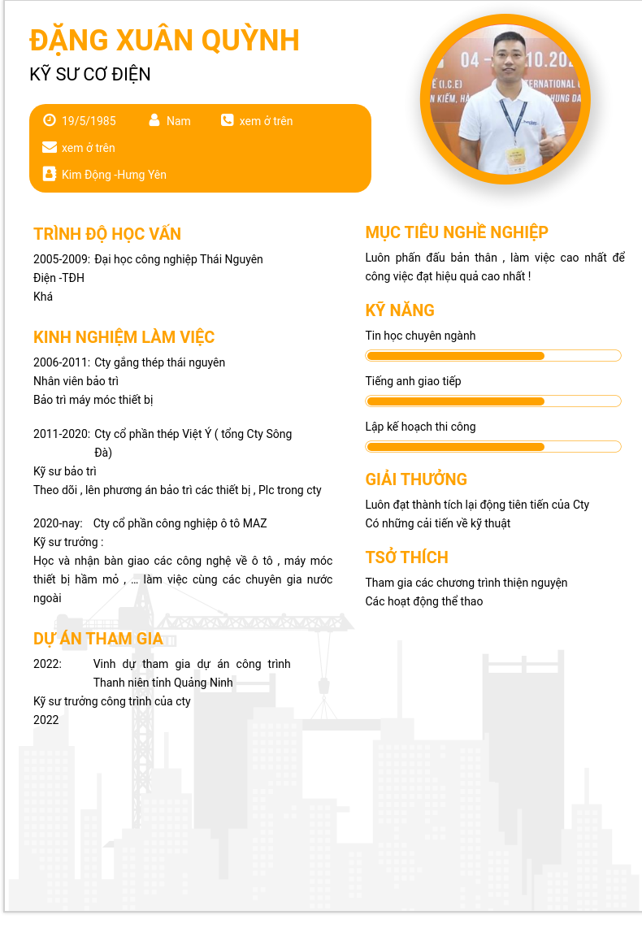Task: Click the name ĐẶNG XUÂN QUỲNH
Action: (x=164, y=40)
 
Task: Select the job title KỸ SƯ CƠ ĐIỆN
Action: (x=90, y=75)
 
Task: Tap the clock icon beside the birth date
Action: (x=50, y=120)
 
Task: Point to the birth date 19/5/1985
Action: (x=89, y=121)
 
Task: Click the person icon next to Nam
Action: (x=154, y=120)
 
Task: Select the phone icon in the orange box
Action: (x=227, y=120)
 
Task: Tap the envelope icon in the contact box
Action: (x=50, y=147)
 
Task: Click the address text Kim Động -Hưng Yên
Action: (x=114, y=175)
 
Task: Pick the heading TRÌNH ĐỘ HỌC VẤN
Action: (x=107, y=234)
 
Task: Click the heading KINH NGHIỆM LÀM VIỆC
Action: (x=124, y=337)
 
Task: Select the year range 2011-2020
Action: (x=61, y=434)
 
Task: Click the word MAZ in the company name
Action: (x=254, y=523)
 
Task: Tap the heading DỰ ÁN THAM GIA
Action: (x=98, y=639)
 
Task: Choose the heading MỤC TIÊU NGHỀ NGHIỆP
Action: (x=457, y=232)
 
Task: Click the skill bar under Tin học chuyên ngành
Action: (x=493, y=356)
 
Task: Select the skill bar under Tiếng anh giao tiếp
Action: (x=493, y=401)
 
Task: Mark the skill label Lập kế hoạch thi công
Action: (x=420, y=427)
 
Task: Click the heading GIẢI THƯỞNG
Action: (x=416, y=479)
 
